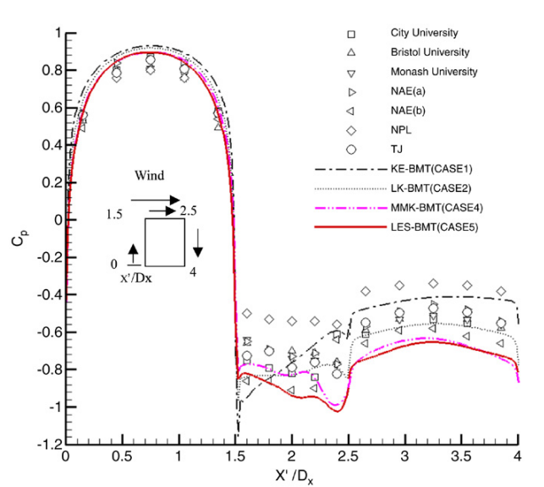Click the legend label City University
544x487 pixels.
click(424, 33)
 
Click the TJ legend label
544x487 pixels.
click(396, 148)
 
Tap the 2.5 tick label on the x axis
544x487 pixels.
click(404, 458)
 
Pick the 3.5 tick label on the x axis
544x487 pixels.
click(461, 458)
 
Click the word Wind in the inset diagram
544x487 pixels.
click(149, 178)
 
